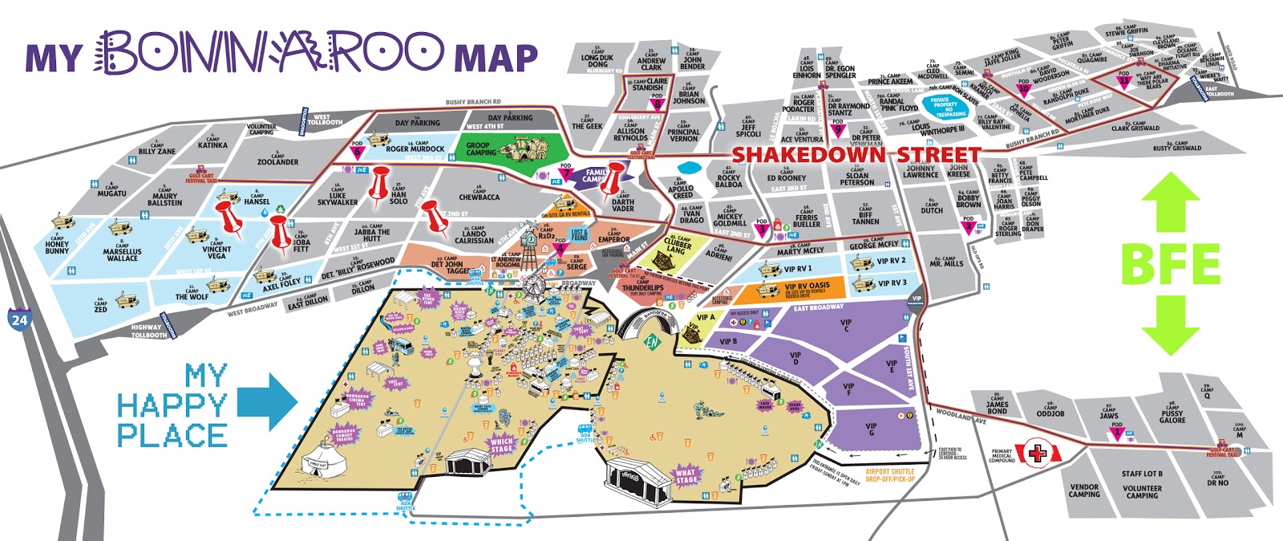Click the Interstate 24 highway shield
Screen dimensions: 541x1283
(x=19, y=319)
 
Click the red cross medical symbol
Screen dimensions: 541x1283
(x=1037, y=454)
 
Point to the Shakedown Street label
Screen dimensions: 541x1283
(x=856, y=154)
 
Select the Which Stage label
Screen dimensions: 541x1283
(x=501, y=445)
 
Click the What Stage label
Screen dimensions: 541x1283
(x=686, y=476)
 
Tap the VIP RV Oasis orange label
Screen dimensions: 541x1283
(x=807, y=287)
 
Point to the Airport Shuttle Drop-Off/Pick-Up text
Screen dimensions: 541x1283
(x=890, y=475)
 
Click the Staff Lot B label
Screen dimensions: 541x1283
(x=1142, y=474)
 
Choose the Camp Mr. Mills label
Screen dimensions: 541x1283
(x=947, y=261)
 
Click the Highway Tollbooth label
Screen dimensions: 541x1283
(x=149, y=331)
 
